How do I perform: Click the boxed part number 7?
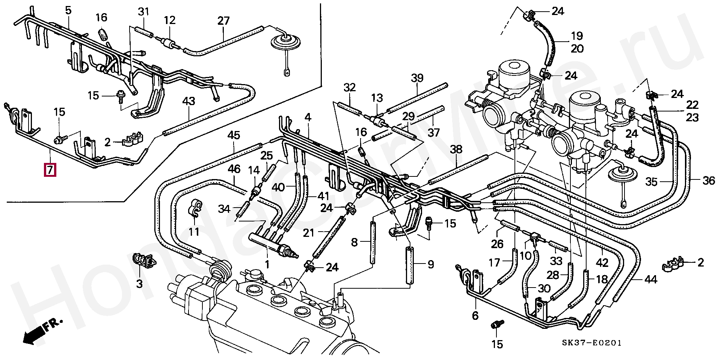tap(50, 170)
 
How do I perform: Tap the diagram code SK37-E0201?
tap(591, 343)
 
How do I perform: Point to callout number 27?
tap(223, 21)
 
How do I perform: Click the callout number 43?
tap(189, 101)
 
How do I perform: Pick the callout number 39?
tap(417, 78)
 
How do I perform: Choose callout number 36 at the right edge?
tap(709, 181)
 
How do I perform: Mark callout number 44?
tap(651, 279)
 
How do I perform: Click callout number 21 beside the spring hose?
tap(308, 233)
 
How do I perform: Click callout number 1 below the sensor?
tap(267, 265)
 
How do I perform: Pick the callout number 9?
tap(430, 265)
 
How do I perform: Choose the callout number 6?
tap(475, 316)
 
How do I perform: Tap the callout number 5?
tap(68, 11)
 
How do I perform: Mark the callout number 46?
tap(234, 169)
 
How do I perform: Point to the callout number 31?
tap(143, 12)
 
